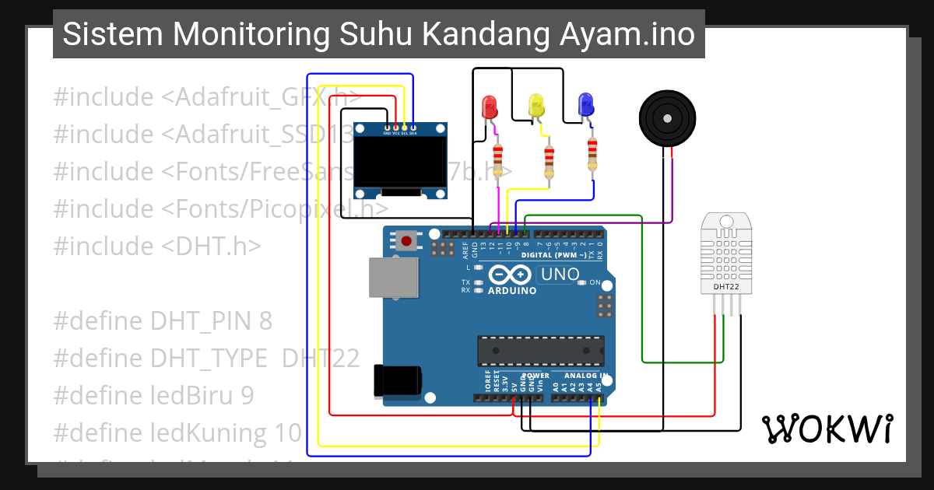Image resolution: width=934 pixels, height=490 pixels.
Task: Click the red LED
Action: [490, 107]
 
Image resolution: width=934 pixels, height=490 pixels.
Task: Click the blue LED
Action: [585, 105]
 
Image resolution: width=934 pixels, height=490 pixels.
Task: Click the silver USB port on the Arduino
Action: [392, 278]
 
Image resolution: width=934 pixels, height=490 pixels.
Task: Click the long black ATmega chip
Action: [540, 351]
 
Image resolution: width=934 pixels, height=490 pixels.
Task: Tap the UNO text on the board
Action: [560, 275]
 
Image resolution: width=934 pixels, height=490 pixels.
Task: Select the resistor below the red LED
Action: [498, 159]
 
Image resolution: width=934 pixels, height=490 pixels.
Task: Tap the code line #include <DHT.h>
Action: [156, 246]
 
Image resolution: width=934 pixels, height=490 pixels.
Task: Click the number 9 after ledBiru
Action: [246, 395]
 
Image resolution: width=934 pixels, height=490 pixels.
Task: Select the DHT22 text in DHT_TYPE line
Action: [321, 358]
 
